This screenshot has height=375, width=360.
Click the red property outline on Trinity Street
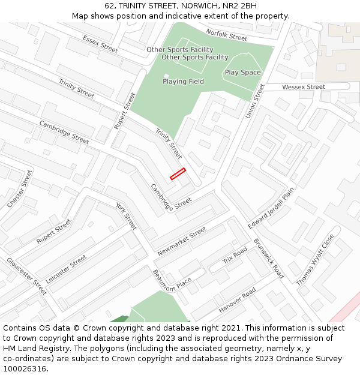tap(178, 174)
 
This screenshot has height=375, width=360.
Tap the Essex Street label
tap(100, 44)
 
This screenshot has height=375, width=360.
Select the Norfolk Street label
tap(226, 35)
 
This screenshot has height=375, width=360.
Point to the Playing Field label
tap(183, 82)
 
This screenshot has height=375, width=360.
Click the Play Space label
tap(242, 73)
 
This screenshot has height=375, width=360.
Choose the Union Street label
tap(255, 101)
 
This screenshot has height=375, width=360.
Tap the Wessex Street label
tap(303, 87)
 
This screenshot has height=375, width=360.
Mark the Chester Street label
tap(20, 189)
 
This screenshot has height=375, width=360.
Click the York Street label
tap(127, 216)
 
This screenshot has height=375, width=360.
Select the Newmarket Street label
tap(182, 242)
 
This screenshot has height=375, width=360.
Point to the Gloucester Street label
tap(26, 276)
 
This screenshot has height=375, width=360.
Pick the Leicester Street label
tap(67, 269)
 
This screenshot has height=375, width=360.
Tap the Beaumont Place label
tap(172, 281)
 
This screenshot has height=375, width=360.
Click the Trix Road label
tap(235, 256)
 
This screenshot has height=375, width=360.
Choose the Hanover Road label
tap(237, 300)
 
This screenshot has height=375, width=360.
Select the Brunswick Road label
tap(268, 259)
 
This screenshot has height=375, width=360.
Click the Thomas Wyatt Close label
tap(315, 260)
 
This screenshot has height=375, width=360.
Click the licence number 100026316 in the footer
tap(25, 369)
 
